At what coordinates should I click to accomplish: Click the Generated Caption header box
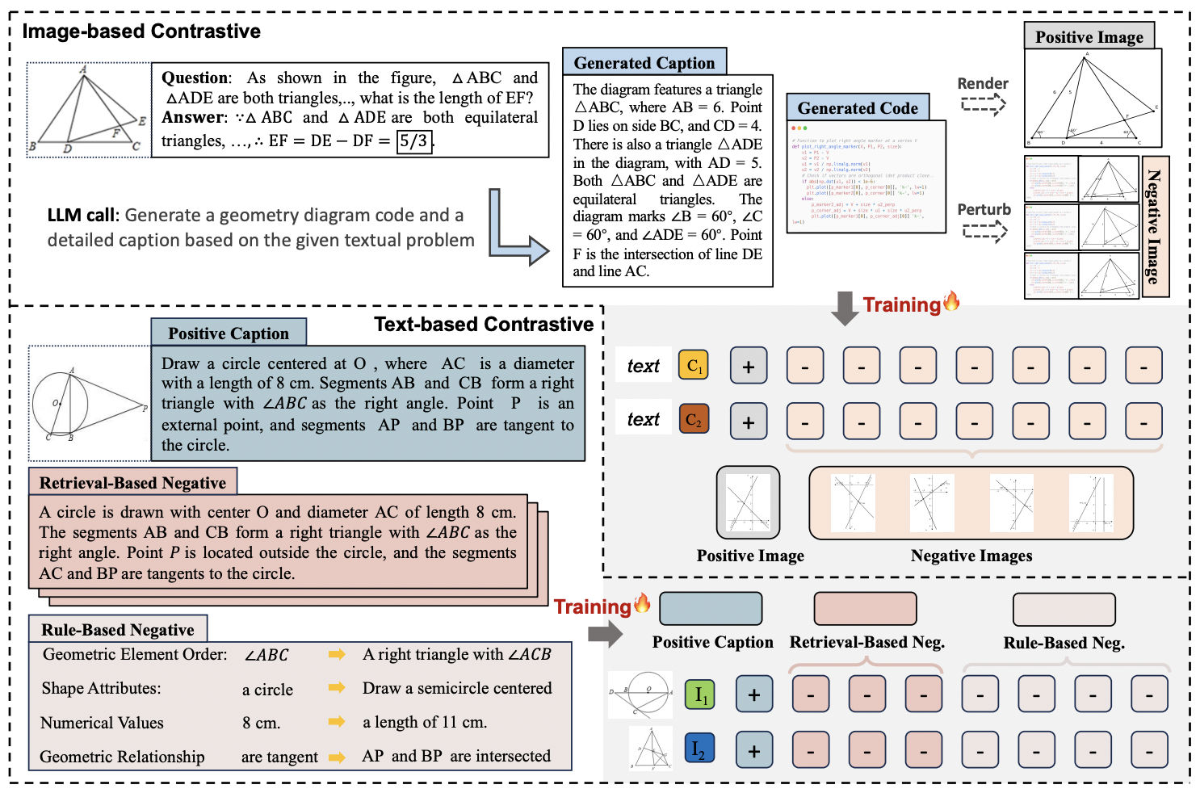(x=644, y=62)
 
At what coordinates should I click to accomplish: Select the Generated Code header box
(x=857, y=107)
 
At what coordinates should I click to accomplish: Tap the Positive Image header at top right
(x=1089, y=36)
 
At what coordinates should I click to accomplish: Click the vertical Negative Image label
(x=1155, y=227)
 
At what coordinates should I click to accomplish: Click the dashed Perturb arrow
(x=984, y=232)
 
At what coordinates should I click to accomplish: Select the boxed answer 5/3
(x=414, y=141)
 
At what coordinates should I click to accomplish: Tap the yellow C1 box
(x=694, y=366)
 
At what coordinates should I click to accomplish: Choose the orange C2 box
(x=694, y=419)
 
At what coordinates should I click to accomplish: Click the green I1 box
(x=700, y=694)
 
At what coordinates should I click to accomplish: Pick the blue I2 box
(x=699, y=749)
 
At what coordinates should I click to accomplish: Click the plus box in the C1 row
(x=749, y=366)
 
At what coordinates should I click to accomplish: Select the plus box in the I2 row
(x=753, y=750)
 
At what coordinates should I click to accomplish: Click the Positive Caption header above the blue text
(x=229, y=333)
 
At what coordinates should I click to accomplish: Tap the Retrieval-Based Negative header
(x=132, y=482)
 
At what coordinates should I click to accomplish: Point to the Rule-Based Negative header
(x=118, y=629)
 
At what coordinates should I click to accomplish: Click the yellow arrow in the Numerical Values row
(x=337, y=722)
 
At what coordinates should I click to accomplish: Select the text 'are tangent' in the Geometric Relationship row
(x=279, y=757)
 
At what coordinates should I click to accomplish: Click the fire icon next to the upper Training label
(x=951, y=301)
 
